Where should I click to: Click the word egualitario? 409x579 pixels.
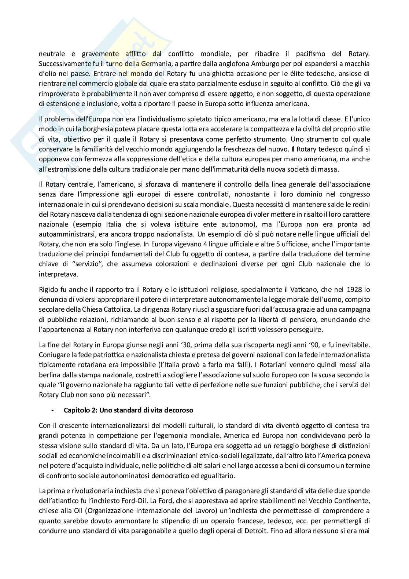(214, 476)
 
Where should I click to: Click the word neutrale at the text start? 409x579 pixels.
(51, 54)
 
